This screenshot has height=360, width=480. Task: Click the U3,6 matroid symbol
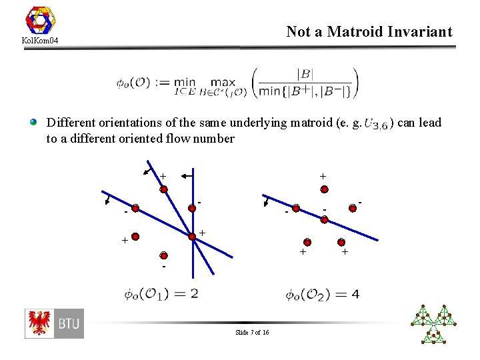coord(376,124)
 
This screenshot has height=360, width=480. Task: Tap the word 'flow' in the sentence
coord(174,139)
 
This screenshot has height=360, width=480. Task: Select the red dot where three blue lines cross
coord(193,234)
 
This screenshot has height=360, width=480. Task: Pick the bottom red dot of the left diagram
coord(163,255)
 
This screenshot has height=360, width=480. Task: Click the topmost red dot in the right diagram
coord(324,189)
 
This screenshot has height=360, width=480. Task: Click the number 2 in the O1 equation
coord(193,293)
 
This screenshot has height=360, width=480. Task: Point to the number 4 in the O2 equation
coord(355,293)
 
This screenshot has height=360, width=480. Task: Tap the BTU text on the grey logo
coord(69,325)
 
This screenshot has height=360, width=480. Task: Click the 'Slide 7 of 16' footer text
coord(252,333)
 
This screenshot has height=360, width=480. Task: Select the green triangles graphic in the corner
coord(435,324)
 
